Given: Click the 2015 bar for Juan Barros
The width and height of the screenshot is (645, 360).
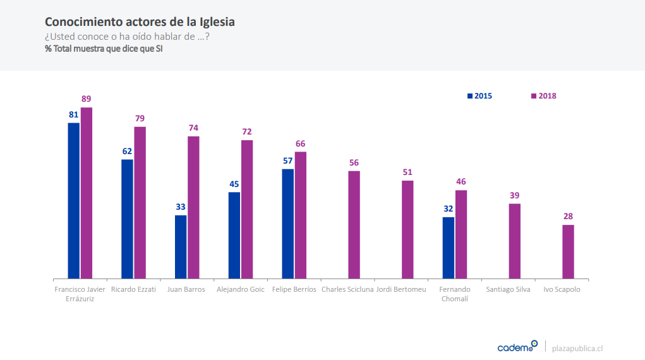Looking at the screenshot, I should [181, 246].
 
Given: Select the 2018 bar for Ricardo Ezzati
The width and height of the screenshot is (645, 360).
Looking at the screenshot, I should [140, 202].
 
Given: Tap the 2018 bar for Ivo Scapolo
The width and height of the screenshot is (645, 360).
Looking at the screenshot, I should [569, 251].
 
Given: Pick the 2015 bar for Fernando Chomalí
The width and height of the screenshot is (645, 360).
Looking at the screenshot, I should [449, 248].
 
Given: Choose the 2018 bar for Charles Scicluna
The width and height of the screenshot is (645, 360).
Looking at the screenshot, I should [354, 224].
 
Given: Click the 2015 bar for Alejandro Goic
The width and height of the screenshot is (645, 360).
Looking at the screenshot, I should [234, 235].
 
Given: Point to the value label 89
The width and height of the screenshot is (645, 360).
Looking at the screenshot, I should [87, 99].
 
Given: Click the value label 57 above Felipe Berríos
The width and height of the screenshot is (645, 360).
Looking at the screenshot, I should [287, 161].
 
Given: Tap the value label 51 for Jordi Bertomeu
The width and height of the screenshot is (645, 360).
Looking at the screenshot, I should [407, 172].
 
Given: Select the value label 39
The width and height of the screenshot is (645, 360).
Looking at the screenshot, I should [515, 195].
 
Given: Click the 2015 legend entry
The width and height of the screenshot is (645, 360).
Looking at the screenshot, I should [479, 96].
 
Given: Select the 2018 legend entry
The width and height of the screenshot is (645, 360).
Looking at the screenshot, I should [543, 96].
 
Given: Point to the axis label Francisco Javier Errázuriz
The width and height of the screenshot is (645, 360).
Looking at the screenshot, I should [80, 294].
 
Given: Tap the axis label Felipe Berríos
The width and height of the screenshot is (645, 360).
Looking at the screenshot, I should [294, 289].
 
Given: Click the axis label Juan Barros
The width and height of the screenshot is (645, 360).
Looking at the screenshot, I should [186, 289].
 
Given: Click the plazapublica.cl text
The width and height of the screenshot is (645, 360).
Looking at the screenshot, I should [577, 348].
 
